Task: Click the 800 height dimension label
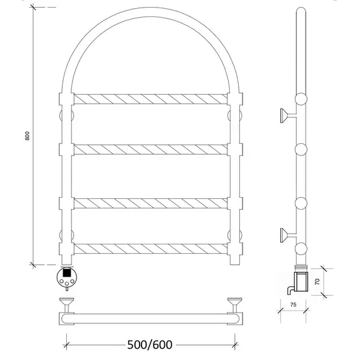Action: click(x=27, y=136)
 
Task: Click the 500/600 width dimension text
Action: click(x=150, y=345)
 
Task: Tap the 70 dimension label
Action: click(x=317, y=282)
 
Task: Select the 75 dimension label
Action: click(x=293, y=304)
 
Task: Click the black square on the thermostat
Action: click(x=66, y=272)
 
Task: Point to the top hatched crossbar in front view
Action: click(x=150, y=99)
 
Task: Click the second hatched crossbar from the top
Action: click(x=150, y=150)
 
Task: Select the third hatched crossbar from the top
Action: click(x=150, y=203)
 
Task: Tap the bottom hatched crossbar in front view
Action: click(x=150, y=249)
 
